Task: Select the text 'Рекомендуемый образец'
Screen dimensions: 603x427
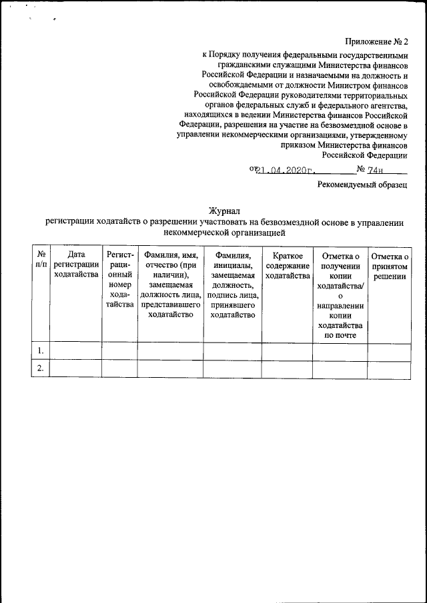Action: [362, 185]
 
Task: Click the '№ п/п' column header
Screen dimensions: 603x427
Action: [41, 261]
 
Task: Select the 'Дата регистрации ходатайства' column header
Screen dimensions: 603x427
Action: [75, 266]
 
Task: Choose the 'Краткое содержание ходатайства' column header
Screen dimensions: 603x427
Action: [287, 266]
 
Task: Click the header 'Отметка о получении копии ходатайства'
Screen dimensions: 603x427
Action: [340, 295]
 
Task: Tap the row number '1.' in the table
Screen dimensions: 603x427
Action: [41, 350]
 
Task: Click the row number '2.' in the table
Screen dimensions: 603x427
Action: [41, 368]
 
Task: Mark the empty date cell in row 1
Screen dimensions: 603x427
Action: [75, 350]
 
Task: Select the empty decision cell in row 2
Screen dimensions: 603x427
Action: [389, 368]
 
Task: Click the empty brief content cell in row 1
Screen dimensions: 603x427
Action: [287, 350]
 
